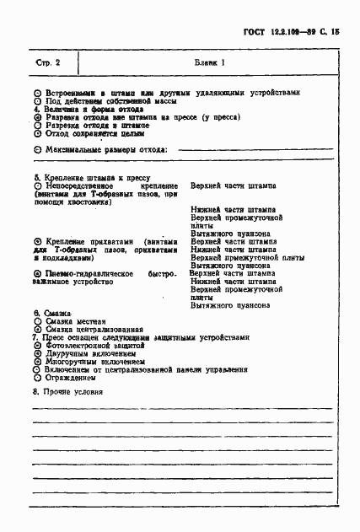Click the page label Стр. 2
49,63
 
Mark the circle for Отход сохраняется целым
37,133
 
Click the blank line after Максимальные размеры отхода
252,150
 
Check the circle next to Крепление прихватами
37,241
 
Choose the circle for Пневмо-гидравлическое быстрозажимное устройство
37,274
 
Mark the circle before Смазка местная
37,321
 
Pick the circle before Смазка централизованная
37,330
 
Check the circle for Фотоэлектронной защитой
37,346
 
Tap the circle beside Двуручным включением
37,354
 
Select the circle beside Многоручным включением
37,362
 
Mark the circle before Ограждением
37,379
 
